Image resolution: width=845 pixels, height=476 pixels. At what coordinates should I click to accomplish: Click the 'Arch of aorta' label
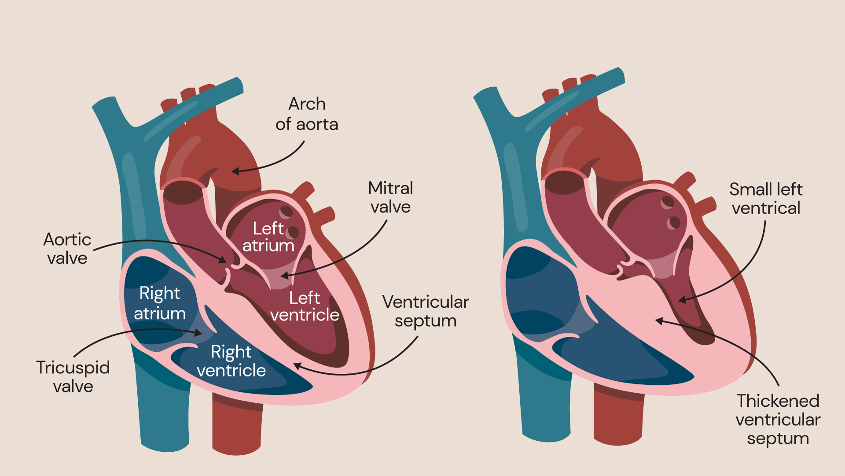[x=307, y=114]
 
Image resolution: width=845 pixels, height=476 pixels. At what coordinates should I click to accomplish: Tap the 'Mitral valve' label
[x=390, y=197]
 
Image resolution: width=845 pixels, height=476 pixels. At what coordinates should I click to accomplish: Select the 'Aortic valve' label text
[x=67, y=249]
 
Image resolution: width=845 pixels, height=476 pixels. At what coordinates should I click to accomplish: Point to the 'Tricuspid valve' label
[x=73, y=377]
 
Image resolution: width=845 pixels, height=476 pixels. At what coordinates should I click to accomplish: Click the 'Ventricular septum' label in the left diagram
[x=426, y=311]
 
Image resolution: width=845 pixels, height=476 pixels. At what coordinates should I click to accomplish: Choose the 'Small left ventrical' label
[x=766, y=199]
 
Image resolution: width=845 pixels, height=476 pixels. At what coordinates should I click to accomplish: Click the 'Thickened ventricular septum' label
[x=778, y=420]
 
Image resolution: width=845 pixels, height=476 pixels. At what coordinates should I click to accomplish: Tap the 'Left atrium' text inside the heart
[x=268, y=237]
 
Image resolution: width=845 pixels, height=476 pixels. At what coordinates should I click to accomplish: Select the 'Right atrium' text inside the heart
[x=160, y=303]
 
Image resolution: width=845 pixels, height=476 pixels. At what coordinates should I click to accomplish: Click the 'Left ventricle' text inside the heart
[x=305, y=306]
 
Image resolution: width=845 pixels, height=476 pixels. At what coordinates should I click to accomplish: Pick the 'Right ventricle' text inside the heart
[x=231, y=361]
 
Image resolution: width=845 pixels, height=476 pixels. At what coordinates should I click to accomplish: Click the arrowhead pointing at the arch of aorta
[x=235, y=171]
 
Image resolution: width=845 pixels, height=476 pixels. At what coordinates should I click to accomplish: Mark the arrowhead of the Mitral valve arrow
[x=284, y=276]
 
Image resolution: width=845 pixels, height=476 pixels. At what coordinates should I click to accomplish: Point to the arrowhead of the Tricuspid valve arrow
[x=199, y=333]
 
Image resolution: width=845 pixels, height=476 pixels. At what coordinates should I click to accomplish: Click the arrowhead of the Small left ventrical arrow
[x=682, y=301]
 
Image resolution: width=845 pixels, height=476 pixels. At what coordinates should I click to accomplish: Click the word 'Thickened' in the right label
[x=778, y=401]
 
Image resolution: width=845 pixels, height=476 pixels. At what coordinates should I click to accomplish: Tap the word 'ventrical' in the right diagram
[x=766, y=208]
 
